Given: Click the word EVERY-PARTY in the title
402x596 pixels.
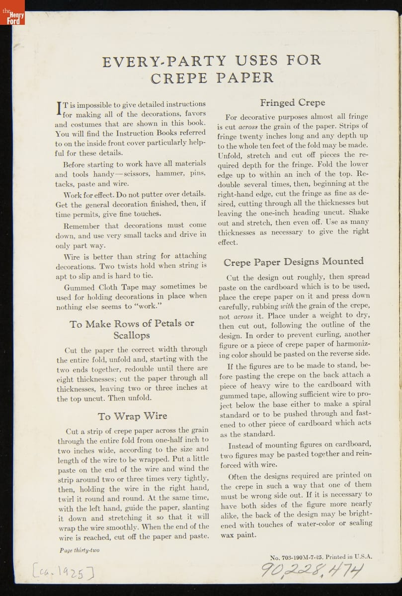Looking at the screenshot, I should coord(164,62).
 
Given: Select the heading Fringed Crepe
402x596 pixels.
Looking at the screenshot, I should coord(292,103).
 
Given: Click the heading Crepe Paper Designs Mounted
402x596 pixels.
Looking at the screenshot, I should coord(293,262).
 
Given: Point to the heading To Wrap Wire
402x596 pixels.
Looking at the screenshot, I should coord(132,416).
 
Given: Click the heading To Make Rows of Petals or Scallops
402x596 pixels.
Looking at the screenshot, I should coord(132,329).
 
